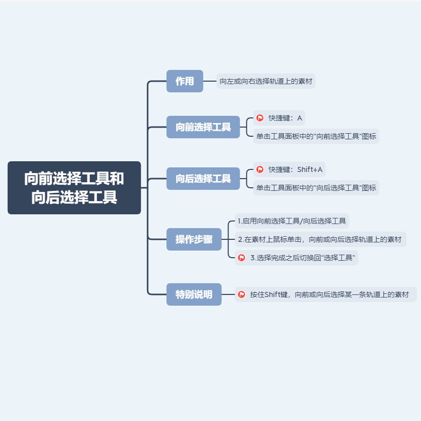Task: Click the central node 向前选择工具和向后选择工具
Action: [x=74, y=188]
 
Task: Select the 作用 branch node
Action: [x=185, y=81]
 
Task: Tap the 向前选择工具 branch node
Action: [x=203, y=127]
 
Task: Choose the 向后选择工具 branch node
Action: [x=203, y=179]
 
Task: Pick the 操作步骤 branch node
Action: [x=194, y=239]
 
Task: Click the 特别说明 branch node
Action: [x=194, y=294]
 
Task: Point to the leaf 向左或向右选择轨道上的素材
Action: [x=266, y=81]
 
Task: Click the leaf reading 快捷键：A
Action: [x=285, y=118]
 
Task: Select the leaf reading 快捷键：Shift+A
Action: [x=295, y=169]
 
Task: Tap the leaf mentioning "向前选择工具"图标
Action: [x=316, y=136]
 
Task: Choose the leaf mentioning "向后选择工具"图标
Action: [x=316, y=188]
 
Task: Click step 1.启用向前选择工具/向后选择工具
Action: [x=292, y=221]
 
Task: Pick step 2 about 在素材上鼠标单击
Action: [x=320, y=239]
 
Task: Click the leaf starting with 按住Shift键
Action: [x=329, y=294]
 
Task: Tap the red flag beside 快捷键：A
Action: [x=260, y=118]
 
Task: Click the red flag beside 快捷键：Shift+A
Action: [x=260, y=169]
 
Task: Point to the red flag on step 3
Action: [x=241, y=258]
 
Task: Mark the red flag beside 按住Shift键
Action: [x=241, y=294]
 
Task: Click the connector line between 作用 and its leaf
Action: [x=210, y=81]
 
